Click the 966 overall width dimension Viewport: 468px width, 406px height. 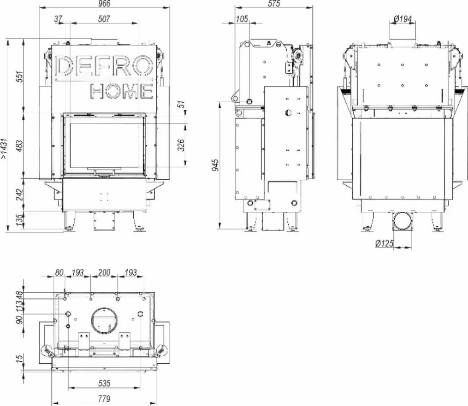[104, 3]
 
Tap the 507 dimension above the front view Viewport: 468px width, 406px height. [104, 19]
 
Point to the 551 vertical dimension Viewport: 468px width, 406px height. [20, 77]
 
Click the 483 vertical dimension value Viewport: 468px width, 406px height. [20, 146]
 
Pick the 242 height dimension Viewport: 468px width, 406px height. [20, 195]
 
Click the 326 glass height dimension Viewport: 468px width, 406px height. [181, 145]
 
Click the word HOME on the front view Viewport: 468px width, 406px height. [121, 91]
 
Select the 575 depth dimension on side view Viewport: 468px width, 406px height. [274, 3]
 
